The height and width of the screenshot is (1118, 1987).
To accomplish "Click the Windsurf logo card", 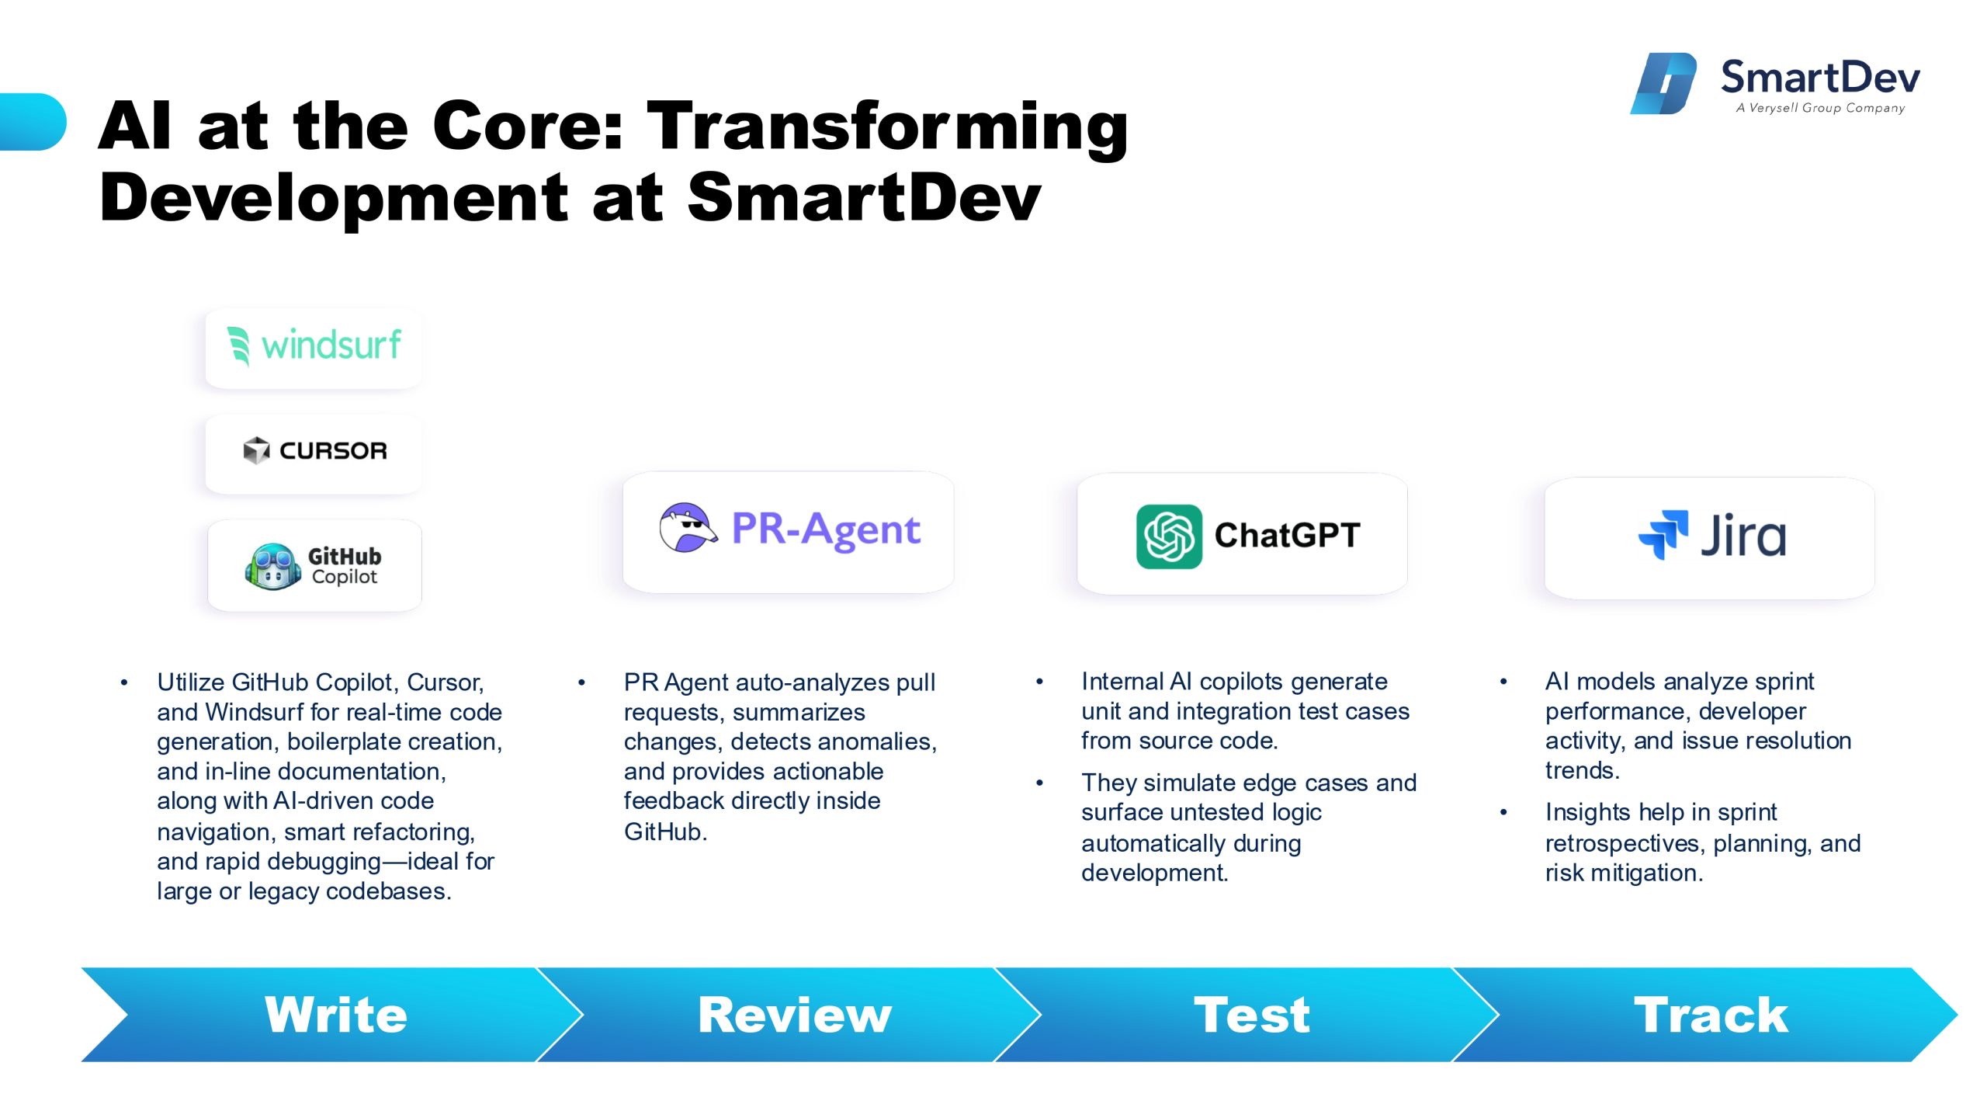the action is pyautogui.click(x=314, y=348).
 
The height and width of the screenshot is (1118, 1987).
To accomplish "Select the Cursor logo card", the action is pyautogui.click(x=314, y=453).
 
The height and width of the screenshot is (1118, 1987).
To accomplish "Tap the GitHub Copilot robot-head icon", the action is pyautogui.click(x=272, y=567).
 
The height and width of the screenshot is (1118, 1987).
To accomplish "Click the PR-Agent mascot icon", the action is pyautogui.click(x=688, y=528).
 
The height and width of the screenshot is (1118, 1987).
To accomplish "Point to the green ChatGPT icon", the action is pyautogui.click(x=1169, y=536).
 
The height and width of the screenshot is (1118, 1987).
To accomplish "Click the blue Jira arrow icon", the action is pyautogui.click(x=1663, y=534).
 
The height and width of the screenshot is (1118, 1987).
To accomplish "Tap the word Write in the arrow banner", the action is pyautogui.click(x=336, y=1015).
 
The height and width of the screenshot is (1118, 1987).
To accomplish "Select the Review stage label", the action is pyautogui.click(x=795, y=1015).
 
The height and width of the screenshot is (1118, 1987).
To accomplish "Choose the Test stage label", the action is pyautogui.click(x=1252, y=1015).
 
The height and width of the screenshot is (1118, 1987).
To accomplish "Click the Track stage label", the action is pyautogui.click(x=1711, y=1015).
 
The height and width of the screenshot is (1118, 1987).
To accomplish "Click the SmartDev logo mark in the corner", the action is pyautogui.click(x=1663, y=83).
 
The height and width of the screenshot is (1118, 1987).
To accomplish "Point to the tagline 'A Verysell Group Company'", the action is pyautogui.click(x=1821, y=108).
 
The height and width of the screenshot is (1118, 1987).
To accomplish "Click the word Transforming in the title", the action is pyautogui.click(x=887, y=129).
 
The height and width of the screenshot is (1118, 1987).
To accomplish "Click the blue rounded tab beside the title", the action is pyautogui.click(x=33, y=122).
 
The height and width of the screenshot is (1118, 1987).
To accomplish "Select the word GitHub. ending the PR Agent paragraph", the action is pyautogui.click(x=666, y=832).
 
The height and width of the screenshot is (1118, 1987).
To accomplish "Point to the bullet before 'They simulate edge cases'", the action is pyautogui.click(x=1039, y=783).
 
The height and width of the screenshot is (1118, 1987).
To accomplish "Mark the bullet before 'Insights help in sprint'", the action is pyautogui.click(x=1503, y=813).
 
